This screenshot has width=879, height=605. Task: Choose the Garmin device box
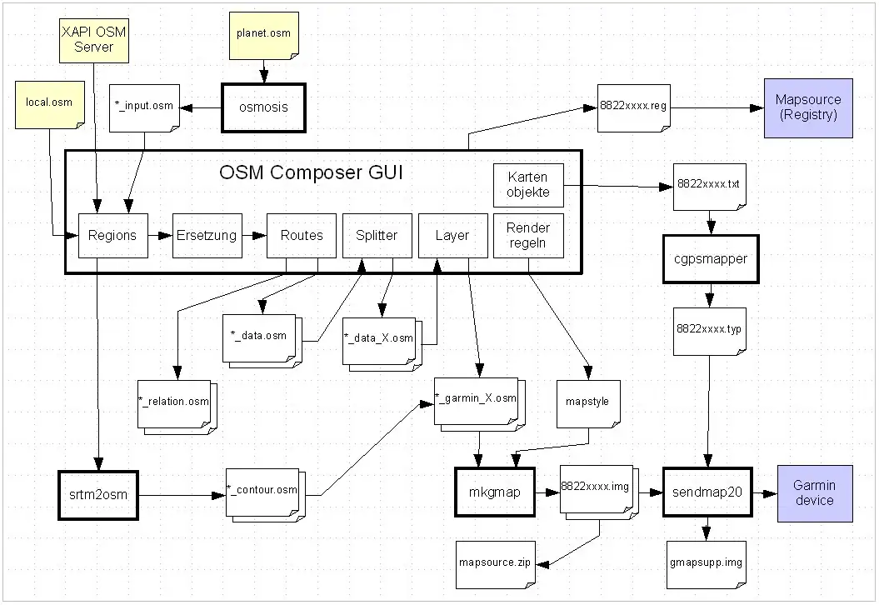pos(814,492)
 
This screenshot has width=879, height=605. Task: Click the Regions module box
pos(112,235)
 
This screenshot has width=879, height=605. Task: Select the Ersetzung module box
pos(206,235)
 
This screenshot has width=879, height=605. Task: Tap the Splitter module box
pos(377,235)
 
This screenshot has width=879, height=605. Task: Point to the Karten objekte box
pos(528,185)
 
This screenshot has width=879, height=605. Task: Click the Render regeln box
pos(528,235)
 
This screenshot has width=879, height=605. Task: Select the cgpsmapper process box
pos(711,259)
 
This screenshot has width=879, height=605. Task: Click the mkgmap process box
pos(495,492)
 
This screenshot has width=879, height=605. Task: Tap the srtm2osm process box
pos(97,495)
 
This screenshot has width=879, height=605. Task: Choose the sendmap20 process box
pos(707,492)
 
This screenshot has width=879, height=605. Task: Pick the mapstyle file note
pos(587,402)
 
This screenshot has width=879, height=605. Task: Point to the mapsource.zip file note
pos(495,562)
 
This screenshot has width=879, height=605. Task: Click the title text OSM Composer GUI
pos(312,173)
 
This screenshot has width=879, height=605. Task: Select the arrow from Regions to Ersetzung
pos(159,235)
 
